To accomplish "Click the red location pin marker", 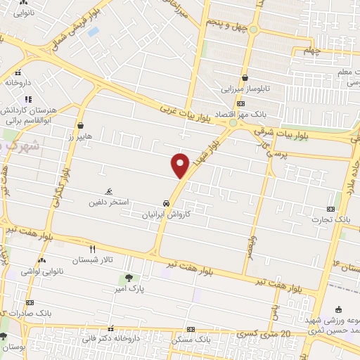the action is tap(181, 165).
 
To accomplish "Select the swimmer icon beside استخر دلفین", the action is tap(108, 191).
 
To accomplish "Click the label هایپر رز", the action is tap(71, 138).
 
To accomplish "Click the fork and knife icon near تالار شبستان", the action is tap(91, 249).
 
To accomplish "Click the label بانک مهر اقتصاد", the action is tap(251, 115).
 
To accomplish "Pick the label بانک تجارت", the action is tap(333, 220).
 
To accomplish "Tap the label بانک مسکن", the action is tap(194, 340).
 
